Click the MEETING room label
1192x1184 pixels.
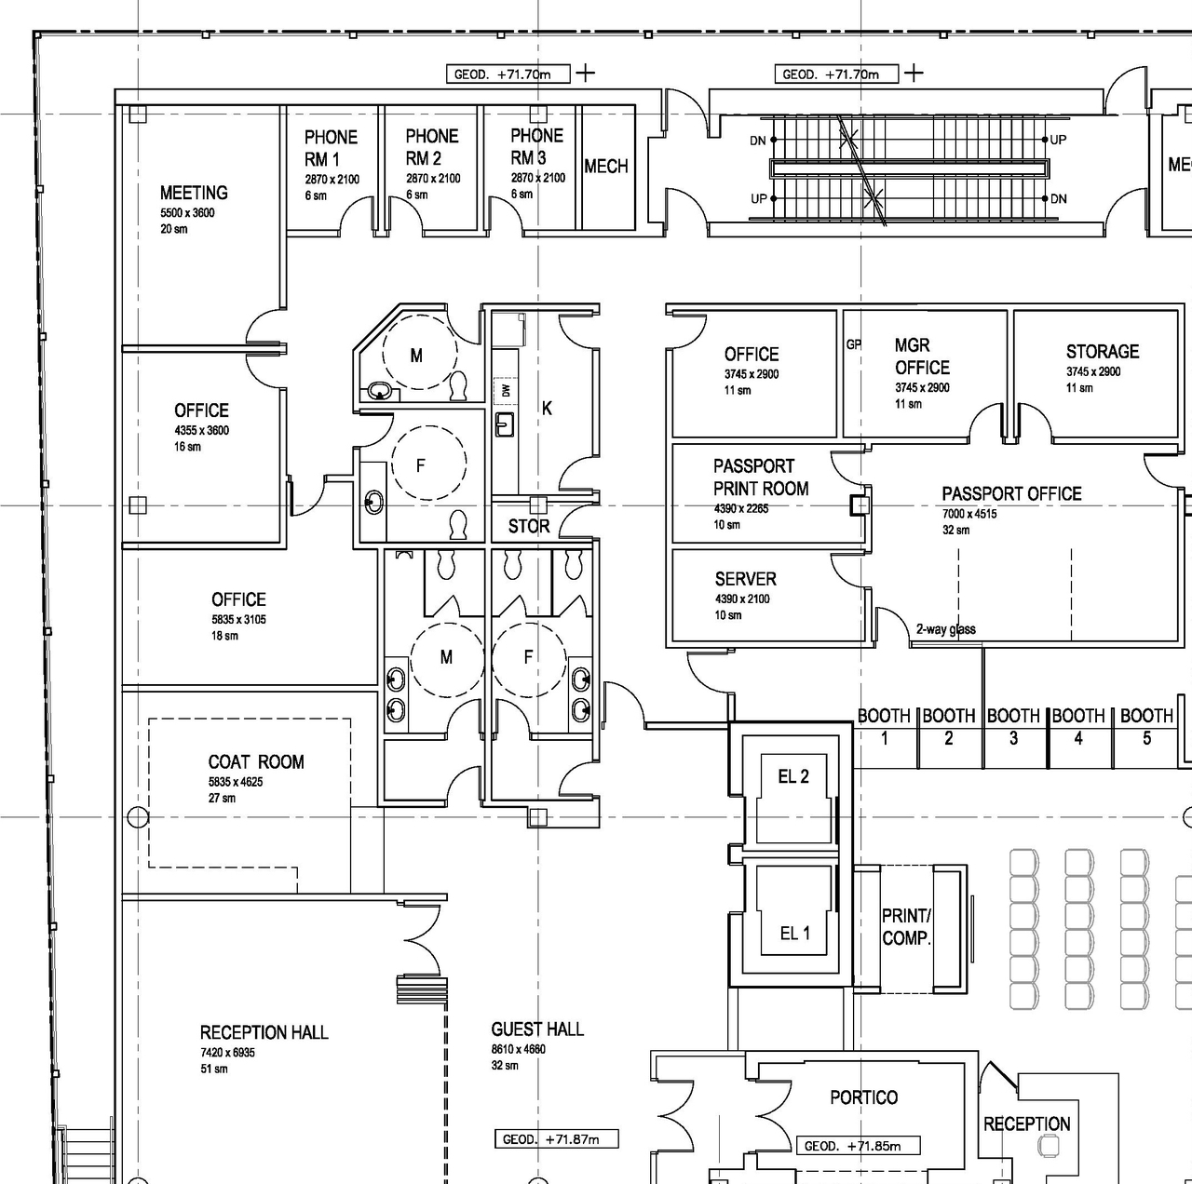click(194, 193)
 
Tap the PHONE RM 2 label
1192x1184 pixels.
click(431, 147)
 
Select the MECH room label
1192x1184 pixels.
click(606, 167)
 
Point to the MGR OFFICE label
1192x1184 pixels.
click(921, 357)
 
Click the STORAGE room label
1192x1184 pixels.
click(1102, 352)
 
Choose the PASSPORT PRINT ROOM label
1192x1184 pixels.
click(760, 478)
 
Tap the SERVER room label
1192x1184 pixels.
click(745, 579)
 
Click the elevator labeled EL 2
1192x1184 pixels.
click(793, 776)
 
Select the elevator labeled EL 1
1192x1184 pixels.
click(794, 933)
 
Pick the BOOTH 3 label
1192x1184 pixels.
click(1013, 727)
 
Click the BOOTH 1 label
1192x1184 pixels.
click(884, 727)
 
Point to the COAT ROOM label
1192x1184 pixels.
click(256, 762)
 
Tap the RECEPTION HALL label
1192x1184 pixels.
click(264, 1032)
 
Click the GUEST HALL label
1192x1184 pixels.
click(537, 1029)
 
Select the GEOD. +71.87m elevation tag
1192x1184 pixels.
click(556, 1139)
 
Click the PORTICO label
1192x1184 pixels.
click(863, 1097)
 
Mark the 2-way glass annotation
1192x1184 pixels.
click(945, 629)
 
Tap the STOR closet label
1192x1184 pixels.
click(529, 527)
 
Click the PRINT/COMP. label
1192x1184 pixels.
click(906, 927)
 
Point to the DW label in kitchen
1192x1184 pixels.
click(506, 390)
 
